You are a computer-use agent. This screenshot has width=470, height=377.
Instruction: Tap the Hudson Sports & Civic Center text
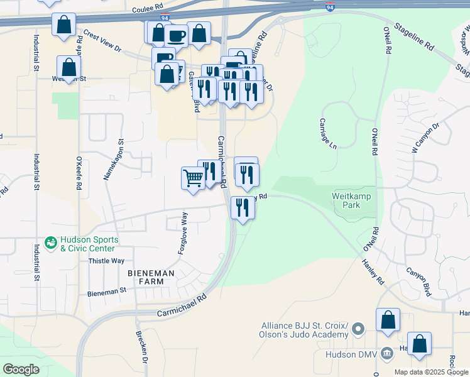click(88, 244)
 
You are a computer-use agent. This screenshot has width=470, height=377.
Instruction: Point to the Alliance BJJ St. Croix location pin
click(358, 329)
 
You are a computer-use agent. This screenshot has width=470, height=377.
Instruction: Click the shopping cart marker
click(193, 177)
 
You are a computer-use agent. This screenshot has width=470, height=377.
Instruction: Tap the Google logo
click(21, 369)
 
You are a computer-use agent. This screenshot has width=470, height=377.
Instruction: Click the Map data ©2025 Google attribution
click(431, 372)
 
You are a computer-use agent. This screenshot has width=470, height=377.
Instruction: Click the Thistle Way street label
click(106, 261)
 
